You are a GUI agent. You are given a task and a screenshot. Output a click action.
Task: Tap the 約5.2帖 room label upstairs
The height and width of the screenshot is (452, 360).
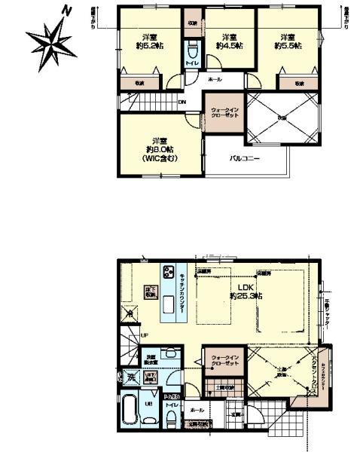click(148, 41)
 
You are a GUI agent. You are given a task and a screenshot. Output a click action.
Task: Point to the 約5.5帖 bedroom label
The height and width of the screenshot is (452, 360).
click(289, 41)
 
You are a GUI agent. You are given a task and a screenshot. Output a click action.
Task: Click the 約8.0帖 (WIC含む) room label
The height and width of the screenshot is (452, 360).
click(159, 148)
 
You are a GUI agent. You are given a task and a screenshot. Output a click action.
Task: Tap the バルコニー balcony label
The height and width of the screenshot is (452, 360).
click(245, 159)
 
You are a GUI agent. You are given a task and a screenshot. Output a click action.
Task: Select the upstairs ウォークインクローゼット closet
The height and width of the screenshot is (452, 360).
click(224, 113)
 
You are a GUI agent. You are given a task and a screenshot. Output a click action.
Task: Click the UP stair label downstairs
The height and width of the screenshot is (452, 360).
click(144, 335)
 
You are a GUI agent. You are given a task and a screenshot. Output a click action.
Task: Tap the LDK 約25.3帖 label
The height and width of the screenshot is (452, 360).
click(246, 292)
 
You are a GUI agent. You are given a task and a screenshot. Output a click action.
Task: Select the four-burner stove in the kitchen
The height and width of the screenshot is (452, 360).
click(168, 273)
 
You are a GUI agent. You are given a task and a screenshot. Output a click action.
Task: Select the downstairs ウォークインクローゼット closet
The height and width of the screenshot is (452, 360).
click(224, 361)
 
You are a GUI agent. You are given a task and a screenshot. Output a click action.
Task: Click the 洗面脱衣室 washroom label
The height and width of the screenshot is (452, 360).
click(151, 359)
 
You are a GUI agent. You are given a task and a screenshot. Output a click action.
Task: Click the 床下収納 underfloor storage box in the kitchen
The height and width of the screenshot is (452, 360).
click(151, 293)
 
